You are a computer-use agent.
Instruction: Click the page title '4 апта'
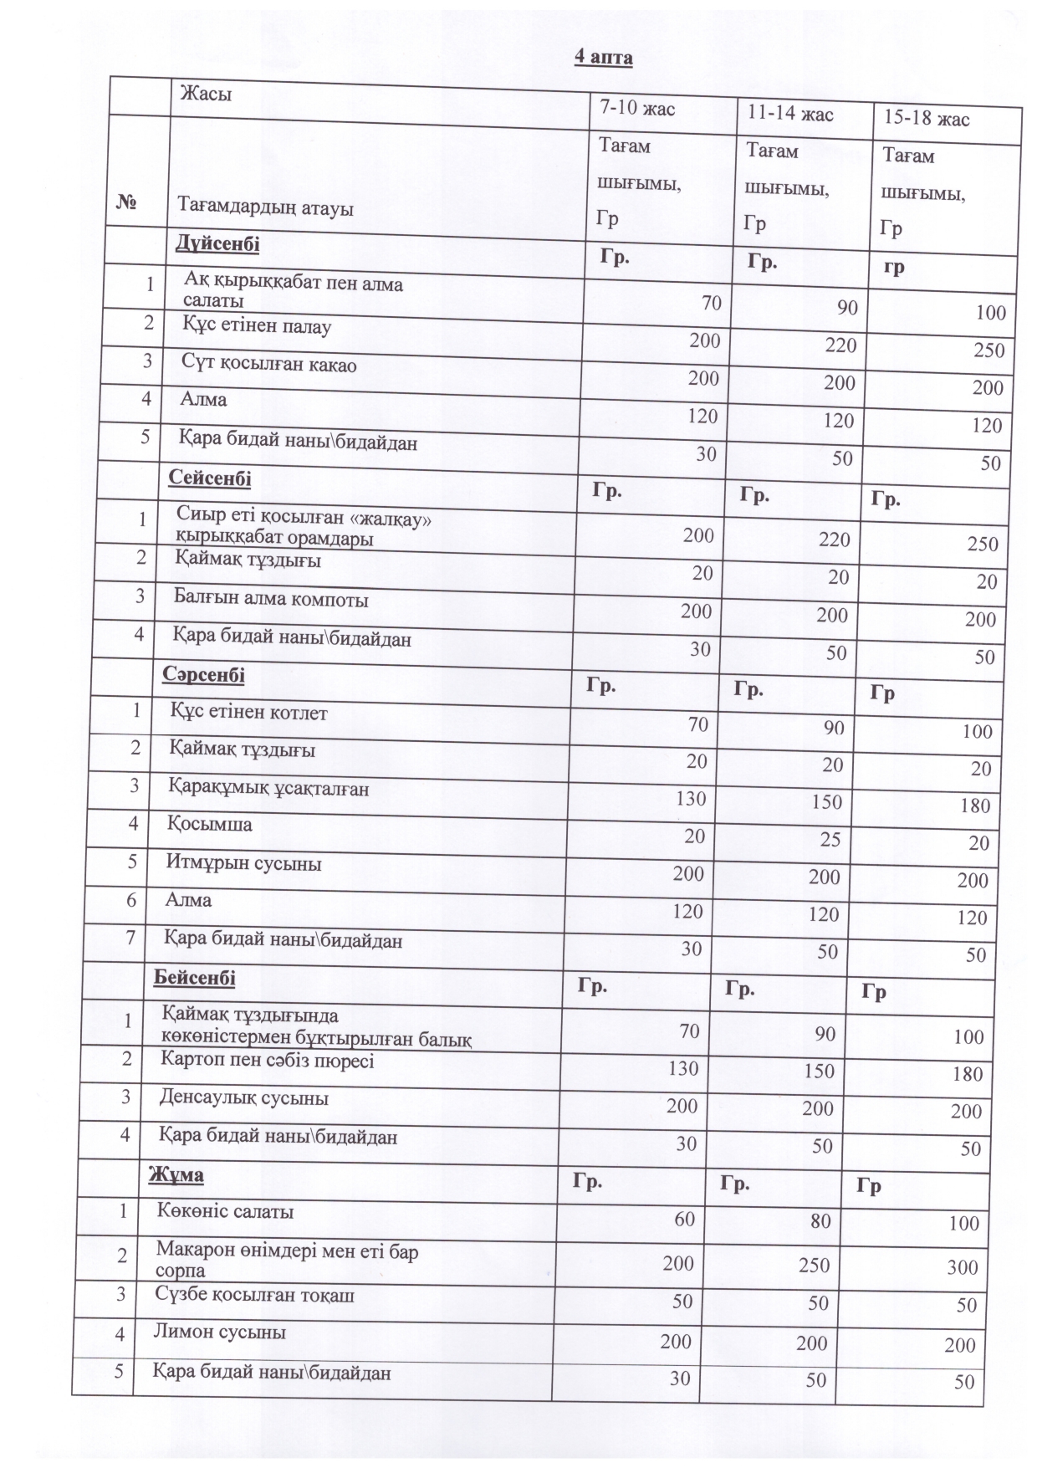coord(603,58)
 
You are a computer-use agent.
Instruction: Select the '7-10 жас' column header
coord(637,108)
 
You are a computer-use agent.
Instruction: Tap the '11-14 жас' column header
coord(790,114)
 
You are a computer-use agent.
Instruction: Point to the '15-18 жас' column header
coord(927,119)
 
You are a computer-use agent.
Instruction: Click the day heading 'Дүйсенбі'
coord(217,244)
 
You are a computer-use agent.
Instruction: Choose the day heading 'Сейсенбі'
coord(210,478)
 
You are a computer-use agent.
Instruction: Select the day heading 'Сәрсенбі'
coord(204,674)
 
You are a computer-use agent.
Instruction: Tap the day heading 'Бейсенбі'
coord(195,978)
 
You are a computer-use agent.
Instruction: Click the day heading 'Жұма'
coord(176,1174)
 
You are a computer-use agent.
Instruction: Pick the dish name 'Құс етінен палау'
coord(257,325)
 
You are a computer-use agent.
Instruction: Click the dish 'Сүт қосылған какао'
coord(269,364)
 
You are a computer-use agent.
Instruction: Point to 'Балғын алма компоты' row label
coord(271,599)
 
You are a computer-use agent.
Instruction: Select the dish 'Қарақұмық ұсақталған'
coord(268,787)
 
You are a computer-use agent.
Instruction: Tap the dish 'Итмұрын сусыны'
coord(243,862)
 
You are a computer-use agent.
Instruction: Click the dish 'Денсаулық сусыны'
coord(244,1097)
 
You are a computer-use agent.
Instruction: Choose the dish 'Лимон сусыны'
coord(219,1332)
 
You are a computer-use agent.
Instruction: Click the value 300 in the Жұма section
coord(963,1267)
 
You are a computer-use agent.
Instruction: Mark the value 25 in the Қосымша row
coord(830,839)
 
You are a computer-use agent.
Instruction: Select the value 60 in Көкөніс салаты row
coord(684,1219)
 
